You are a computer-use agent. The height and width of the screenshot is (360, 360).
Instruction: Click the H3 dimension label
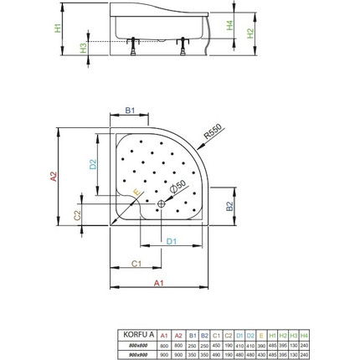point(83,48)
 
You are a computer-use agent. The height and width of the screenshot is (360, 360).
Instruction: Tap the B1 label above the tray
point(131,111)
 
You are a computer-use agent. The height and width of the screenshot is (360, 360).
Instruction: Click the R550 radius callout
point(213,131)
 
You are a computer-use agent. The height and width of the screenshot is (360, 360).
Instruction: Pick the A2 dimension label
point(54,177)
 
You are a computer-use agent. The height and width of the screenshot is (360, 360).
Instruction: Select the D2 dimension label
point(94,165)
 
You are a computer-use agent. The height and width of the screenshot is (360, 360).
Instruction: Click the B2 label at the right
point(229,206)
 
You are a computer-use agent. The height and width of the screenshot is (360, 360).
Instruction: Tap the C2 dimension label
point(78,215)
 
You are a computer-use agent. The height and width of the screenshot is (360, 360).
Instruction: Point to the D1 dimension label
point(171,242)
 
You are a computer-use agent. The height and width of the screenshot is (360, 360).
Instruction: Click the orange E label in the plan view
point(136,192)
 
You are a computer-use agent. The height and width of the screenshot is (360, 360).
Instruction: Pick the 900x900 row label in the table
point(138,352)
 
